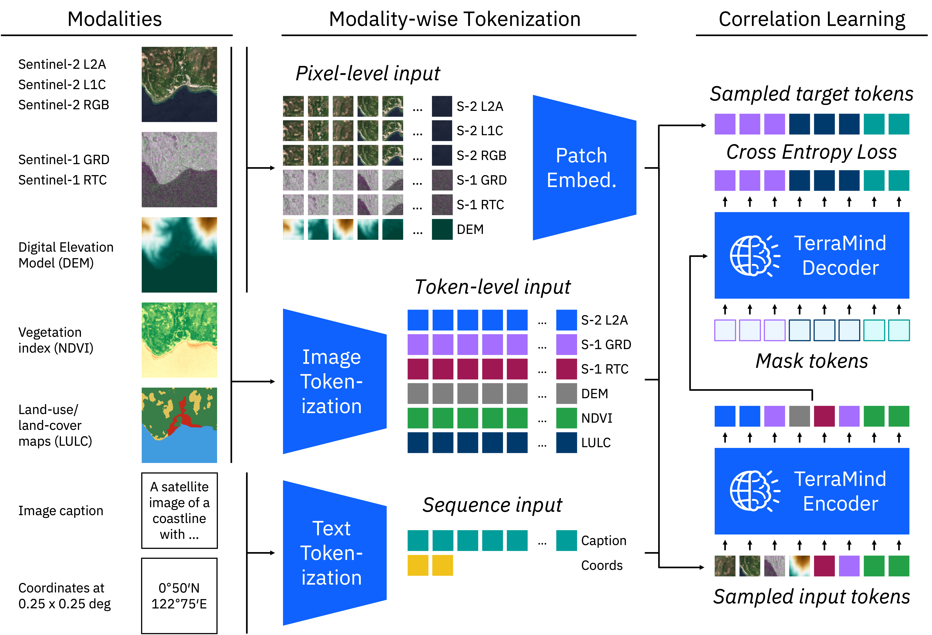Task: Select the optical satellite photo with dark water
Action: pyautogui.click(x=179, y=84)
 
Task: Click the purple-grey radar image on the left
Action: pyautogui.click(x=179, y=170)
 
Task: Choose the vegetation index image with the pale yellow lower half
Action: pyautogui.click(x=179, y=340)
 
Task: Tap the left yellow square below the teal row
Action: pyautogui.click(x=418, y=565)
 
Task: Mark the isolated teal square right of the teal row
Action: pyautogui.click(x=566, y=540)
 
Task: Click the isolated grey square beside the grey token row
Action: pyautogui.click(x=566, y=393)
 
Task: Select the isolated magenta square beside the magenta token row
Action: pyautogui.click(x=566, y=369)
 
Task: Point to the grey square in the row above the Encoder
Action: pyautogui.click(x=799, y=416)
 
